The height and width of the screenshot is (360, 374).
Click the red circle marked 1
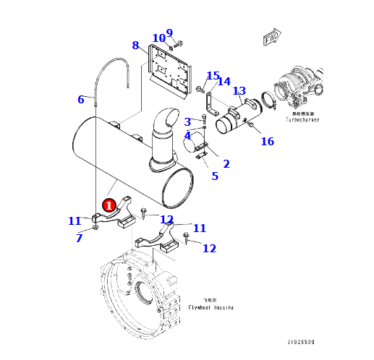[109, 205]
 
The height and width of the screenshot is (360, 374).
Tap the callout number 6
[81, 100]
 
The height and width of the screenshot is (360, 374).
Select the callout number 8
[135, 46]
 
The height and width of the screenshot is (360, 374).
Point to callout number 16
[268, 142]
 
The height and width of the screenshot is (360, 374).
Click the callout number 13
[239, 91]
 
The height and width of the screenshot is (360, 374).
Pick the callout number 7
[79, 238]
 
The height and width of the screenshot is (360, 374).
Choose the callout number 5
[214, 176]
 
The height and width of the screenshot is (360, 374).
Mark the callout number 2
[226, 164]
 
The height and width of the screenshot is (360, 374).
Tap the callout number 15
[213, 76]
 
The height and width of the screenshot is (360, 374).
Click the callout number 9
[169, 33]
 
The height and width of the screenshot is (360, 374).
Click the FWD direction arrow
[273, 38]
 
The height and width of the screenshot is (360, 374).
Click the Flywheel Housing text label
[210, 307]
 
